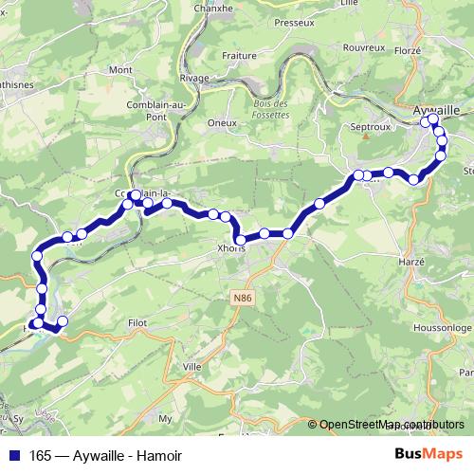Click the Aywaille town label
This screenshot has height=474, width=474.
tap(435, 109)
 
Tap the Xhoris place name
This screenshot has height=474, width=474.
tap(230, 248)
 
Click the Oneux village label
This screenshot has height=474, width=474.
tap(221, 122)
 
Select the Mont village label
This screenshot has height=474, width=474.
tap(120, 70)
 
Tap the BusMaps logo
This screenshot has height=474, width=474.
tap(429, 453)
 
